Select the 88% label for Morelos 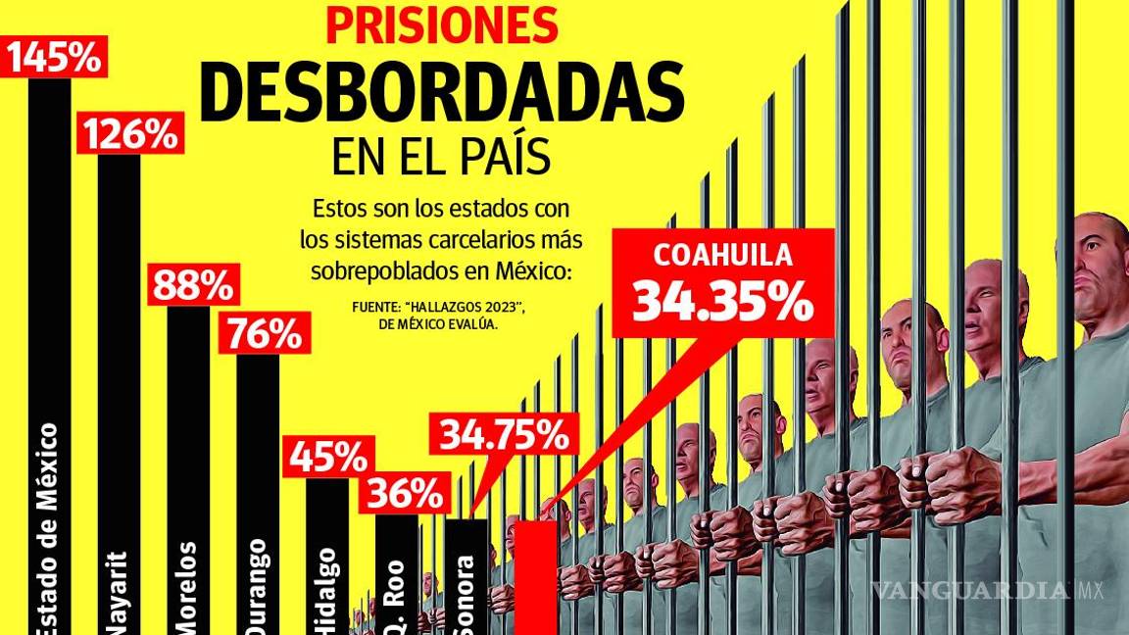click(x=193, y=286)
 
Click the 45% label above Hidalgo click(x=328, y=458)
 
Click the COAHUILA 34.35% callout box click(x=722, y=283)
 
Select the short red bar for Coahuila click(x=536, y=578)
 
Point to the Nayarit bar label click(x=119, y=598)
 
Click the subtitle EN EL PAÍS click(x=441, y=157)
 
